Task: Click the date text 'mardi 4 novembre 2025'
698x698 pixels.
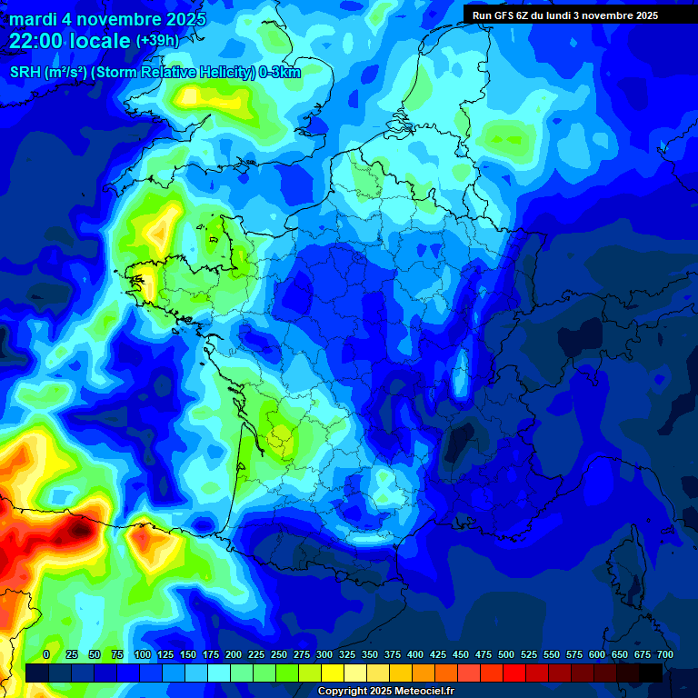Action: pyautogui.click(x=107, y=19)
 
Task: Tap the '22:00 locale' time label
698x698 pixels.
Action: pyautogui.click(x=69, y=41)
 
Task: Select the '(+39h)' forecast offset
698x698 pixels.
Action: pyautogui.click(x=157, y=41)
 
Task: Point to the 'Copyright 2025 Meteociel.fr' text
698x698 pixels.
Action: pyautogui.click(x=385, y=692)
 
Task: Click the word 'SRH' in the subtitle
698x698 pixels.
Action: pyautogui.click(x=25, y=73)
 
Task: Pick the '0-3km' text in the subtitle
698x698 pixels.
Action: pyautogui.click(x=279, y=73)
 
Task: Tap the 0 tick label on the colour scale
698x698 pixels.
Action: pyautogui.click(x=46, y=654)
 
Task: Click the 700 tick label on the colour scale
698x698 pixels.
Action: pyautogui.click(x=664, y=654)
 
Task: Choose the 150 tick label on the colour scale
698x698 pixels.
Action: pyautogui.click(x=188, y=654)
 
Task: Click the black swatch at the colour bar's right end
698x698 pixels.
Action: pyautogui.click(x=651, y=673)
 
